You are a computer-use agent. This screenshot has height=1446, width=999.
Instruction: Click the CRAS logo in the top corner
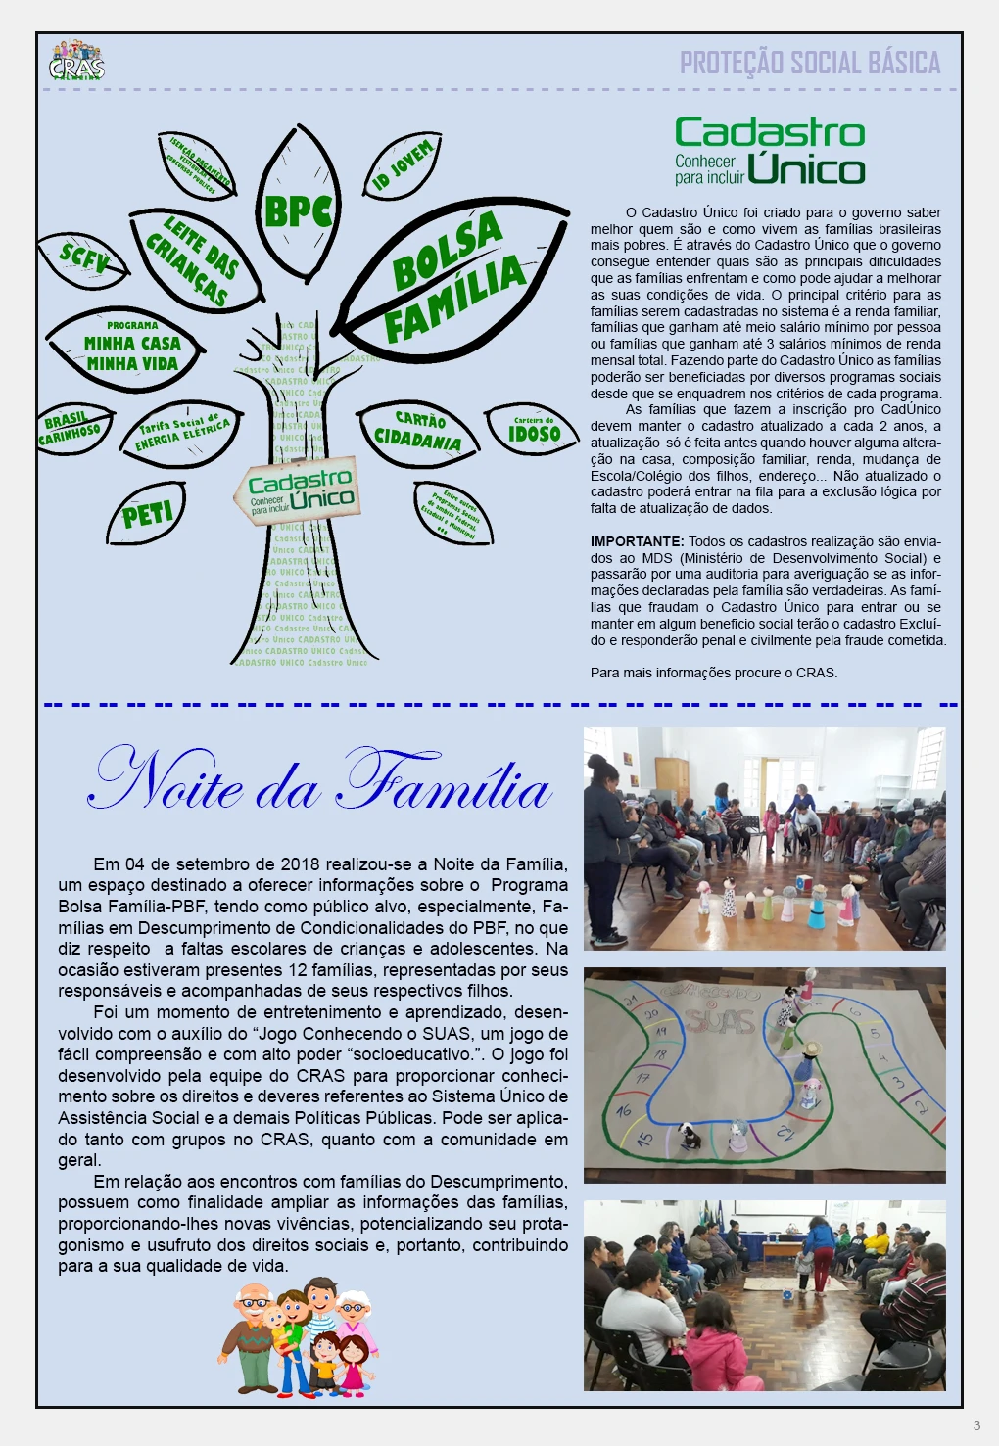[x=76, y=61]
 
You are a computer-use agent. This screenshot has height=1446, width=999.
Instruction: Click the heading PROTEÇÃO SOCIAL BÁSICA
[x=810, y=63]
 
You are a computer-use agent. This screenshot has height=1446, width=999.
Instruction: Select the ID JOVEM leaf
[x=403, y=166]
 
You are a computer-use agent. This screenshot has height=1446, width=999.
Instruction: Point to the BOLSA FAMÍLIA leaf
[x=453, y=278]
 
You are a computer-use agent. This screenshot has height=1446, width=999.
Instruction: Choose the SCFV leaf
[x=83, y=259]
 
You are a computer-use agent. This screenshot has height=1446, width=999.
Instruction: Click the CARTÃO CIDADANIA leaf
[x=418, y=431]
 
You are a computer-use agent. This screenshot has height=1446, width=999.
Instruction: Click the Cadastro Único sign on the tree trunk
[x=298, y=490]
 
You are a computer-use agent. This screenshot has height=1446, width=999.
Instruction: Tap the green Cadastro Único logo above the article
[x=769, y=151]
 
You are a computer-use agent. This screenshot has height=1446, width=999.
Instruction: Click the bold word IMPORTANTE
[x=637, y=541]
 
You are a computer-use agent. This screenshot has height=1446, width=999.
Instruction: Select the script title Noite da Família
[x=319, y=781]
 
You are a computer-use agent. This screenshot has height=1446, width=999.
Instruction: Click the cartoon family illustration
[x=298, y=1337]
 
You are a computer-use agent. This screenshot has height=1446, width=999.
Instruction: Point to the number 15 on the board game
[x=644, y=1139]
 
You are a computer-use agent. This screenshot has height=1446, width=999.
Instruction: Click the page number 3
[x=976, y=1425]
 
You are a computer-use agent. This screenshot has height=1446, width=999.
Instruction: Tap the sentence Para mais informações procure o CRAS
[x=714, y=673]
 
